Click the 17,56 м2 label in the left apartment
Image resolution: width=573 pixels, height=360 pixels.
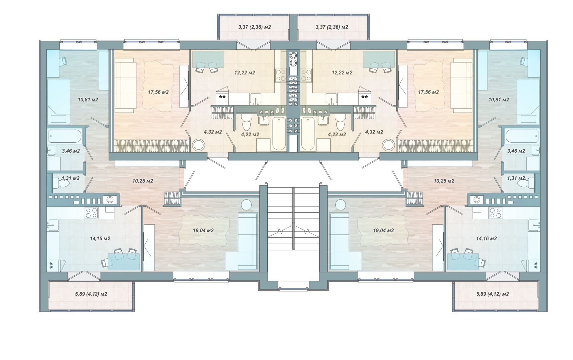(x=158, y=92)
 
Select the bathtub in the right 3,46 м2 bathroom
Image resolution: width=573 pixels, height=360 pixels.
(x=521, y=135)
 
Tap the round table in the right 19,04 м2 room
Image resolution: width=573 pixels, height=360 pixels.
(x=341, y=204)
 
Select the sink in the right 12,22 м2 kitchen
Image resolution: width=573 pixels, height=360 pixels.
(x=331, y=98)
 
